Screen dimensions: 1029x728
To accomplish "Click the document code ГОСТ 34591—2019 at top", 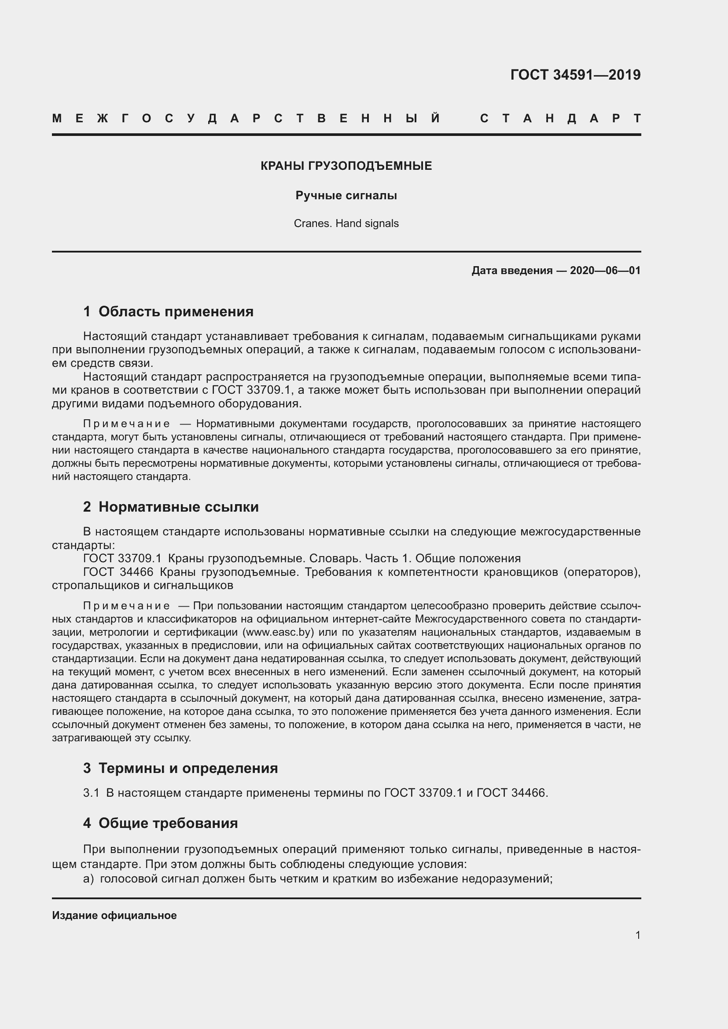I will [575, 75].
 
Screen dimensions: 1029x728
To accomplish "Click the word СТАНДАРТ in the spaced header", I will [560, 118].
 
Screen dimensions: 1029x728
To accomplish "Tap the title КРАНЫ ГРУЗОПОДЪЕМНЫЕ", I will [346, 166].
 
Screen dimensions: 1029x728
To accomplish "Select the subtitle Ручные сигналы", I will [346, 195].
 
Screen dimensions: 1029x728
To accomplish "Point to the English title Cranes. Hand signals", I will [346, 223].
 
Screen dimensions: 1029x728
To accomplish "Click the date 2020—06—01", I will [605, 270].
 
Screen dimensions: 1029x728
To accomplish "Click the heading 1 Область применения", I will [169, 311].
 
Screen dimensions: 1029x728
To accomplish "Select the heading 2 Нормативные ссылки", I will [171, 507].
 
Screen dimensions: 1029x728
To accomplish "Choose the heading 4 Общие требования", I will [161, 823].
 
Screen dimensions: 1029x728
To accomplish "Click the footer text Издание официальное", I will [114, 915].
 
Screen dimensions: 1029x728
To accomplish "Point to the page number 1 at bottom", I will [637, 935].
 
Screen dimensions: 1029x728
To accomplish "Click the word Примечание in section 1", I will [126, 424].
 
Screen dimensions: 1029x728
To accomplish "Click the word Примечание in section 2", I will [126, 606].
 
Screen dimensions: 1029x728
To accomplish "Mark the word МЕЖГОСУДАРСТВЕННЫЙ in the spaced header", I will [246, 118].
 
